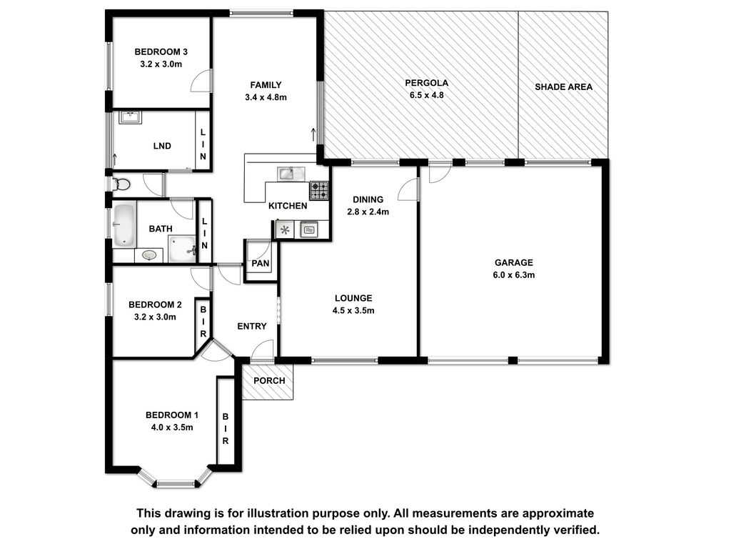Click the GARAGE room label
pyautogui.click(x=514, y=262)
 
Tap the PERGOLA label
pyautogui.click(x=427, y=83)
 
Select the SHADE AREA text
pyautogui.click(x=564, y=86)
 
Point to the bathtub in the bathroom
pyautogui.click(x=124, y=225)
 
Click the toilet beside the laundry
pyautogui.click(x=121, y=184)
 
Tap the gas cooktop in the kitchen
pyautogui.click(x=319, y=190)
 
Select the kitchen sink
pyautogui.click(x=291, y=174)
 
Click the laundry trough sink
pyautogui.click(x=130, y=117)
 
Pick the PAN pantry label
pyautogui.click(x=260, y=263)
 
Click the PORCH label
pyautogui.click(x=269, y=380)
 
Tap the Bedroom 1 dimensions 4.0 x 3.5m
pyautogui.click(x=172, y=427)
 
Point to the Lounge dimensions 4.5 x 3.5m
pyautogui.click(x=353, y=310)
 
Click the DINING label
pyautogui.click(x=368, y=199)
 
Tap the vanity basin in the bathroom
pyautogui.click(x=149, y=255)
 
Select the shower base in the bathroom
pyautogui.click(x=182, y=249)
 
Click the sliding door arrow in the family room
pyautogui.click(x=313, y=134)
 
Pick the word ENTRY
pyautogui.click(x=252, y=326)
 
